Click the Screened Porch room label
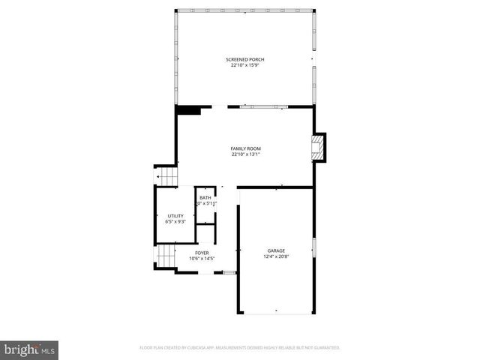pos(245,59)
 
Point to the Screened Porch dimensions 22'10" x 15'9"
pos(245,65)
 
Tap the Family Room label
pos(245,148)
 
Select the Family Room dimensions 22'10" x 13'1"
pos(245,154)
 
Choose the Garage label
pos(276,250)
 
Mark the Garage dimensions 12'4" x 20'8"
pos(276,256)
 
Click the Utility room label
pos(175,216)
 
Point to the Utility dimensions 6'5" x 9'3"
pos(175,222)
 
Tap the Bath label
pos(205,197)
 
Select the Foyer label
pos(202,253)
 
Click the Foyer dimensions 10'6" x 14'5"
pos(202,259)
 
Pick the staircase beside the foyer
pos(166,256)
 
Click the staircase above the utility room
pos(166,176)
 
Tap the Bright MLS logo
pos(29,349)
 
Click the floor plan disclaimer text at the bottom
pos(240,348)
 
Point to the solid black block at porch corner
pos(188,110)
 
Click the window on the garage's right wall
pos(313,247)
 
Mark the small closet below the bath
pos(205,233)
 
